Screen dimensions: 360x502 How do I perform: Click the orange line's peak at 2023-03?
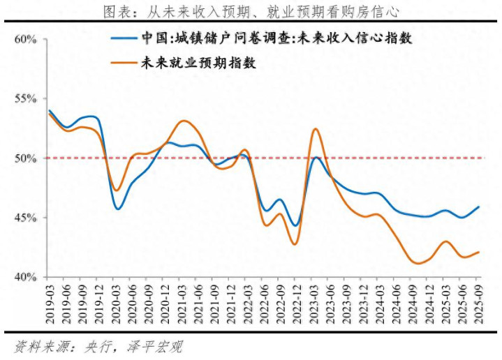[x=315, y=129]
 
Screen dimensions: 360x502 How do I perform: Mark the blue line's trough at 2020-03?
[x=118, y=209]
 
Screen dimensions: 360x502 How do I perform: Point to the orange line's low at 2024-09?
[x=418, y=263]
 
